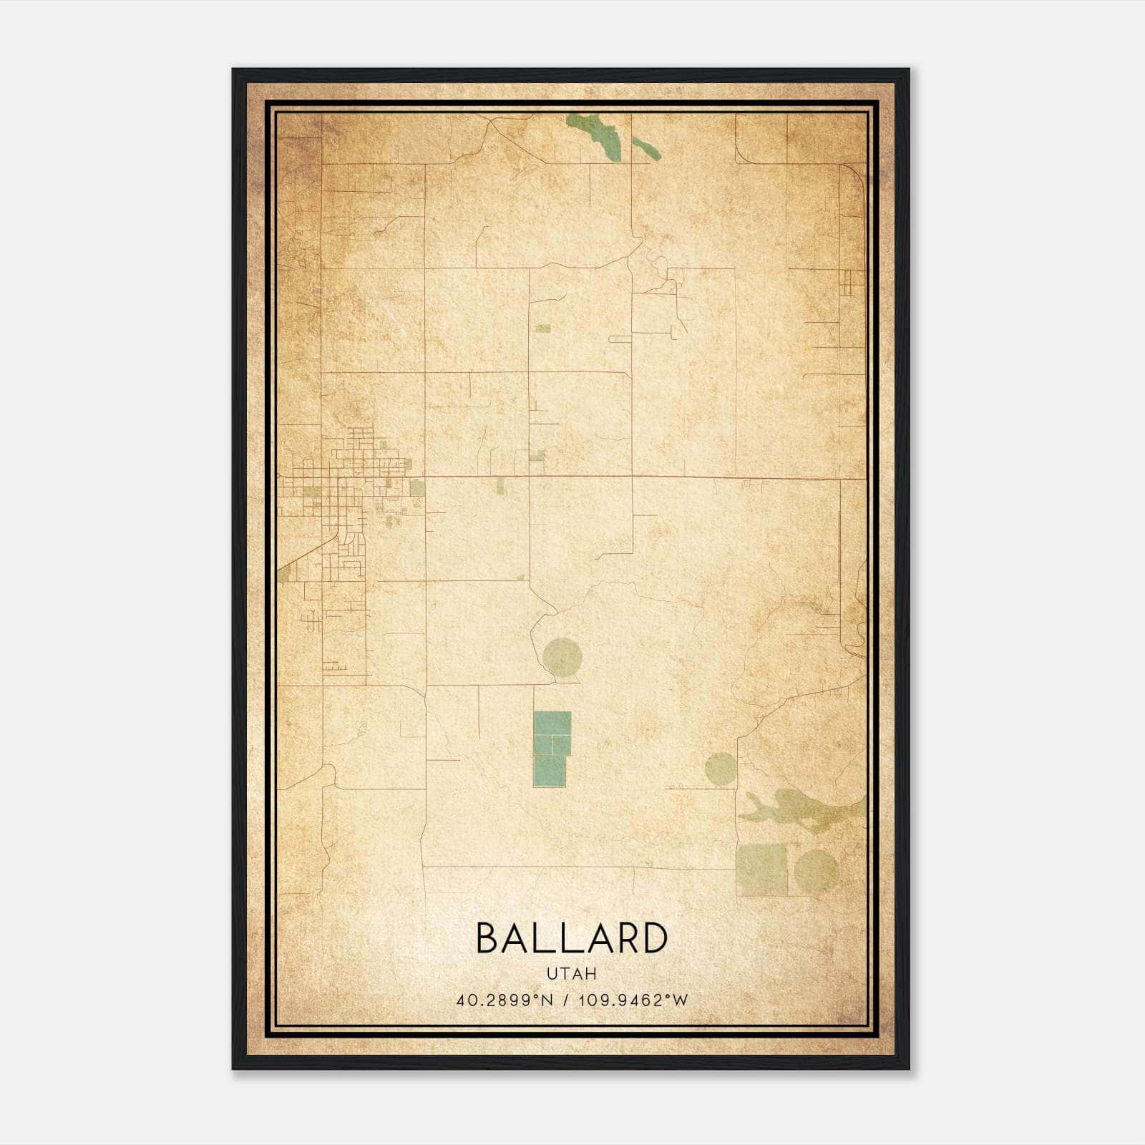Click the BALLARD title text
click(x=571, y=939)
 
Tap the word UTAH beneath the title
click(x=571, y=974)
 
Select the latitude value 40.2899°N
click(x=505, y=1000)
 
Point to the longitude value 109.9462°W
click(x=633, y=1000)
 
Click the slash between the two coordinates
click(x=566, y=1000)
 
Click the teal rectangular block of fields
click(x=551, y=748)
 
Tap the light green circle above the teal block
click(x=562, y=656)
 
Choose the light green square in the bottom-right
click(x=762, y=869)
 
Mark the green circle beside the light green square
click(x=816, y=870)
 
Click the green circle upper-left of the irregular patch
click(x=720, y=769)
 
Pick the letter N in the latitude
click(x=548, y=1000)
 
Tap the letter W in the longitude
click(x=681, y=1000)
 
